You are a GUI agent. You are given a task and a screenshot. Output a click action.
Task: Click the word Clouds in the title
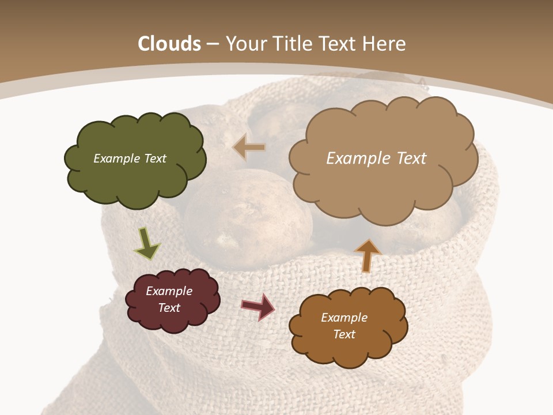169,44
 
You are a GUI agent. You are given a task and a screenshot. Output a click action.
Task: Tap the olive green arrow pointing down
147,243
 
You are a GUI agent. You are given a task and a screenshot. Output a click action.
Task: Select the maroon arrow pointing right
257,306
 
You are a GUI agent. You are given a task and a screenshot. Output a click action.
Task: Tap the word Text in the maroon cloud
169,308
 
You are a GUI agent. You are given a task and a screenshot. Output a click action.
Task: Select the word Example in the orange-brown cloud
344,318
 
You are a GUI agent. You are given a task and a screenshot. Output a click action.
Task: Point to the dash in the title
213,44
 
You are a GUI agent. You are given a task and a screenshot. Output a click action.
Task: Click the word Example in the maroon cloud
169,291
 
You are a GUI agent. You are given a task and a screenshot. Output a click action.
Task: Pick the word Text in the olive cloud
154,159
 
